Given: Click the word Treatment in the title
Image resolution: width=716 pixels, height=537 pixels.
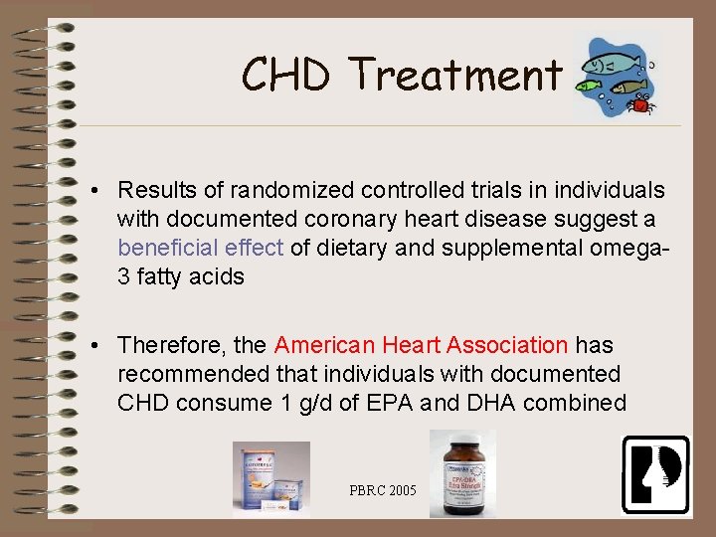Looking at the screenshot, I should click(455, 75).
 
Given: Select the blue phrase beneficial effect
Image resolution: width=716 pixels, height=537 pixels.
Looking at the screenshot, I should click(200, 248).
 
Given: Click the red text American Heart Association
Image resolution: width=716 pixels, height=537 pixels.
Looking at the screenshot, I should click(421, 345).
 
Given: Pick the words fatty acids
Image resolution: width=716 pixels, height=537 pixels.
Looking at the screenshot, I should click(189, 276).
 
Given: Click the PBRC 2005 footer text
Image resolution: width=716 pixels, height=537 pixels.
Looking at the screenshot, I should click(384, 490).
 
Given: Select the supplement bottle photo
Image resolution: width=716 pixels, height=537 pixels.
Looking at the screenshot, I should click(461, 473).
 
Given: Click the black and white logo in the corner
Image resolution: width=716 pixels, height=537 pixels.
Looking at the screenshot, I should click(655, 474).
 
